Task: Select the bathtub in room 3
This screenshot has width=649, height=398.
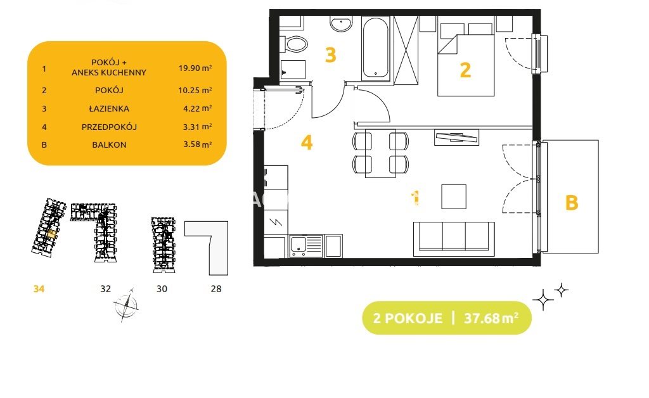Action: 375,48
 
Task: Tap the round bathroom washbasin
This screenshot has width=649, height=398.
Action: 341,24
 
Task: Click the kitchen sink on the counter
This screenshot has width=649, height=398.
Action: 306,246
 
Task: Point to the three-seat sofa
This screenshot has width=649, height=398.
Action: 454,239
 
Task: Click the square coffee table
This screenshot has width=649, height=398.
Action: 454,196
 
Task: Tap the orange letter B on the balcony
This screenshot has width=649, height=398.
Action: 572,203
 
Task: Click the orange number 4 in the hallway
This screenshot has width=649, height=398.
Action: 307,143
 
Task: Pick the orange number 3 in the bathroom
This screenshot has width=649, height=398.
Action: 330,55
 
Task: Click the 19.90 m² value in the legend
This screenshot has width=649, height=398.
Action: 195,68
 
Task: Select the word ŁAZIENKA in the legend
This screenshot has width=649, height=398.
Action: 109,108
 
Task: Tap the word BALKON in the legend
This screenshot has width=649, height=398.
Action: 109,144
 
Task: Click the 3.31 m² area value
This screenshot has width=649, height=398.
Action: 198,127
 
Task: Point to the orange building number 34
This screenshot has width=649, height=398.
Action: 39,289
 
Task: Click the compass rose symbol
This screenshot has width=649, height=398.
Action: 126,305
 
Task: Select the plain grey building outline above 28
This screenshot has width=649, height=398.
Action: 207,248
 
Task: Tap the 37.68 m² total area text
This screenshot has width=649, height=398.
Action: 491,318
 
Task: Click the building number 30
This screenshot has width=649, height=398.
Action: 162,289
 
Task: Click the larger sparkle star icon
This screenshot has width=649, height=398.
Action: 543,299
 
